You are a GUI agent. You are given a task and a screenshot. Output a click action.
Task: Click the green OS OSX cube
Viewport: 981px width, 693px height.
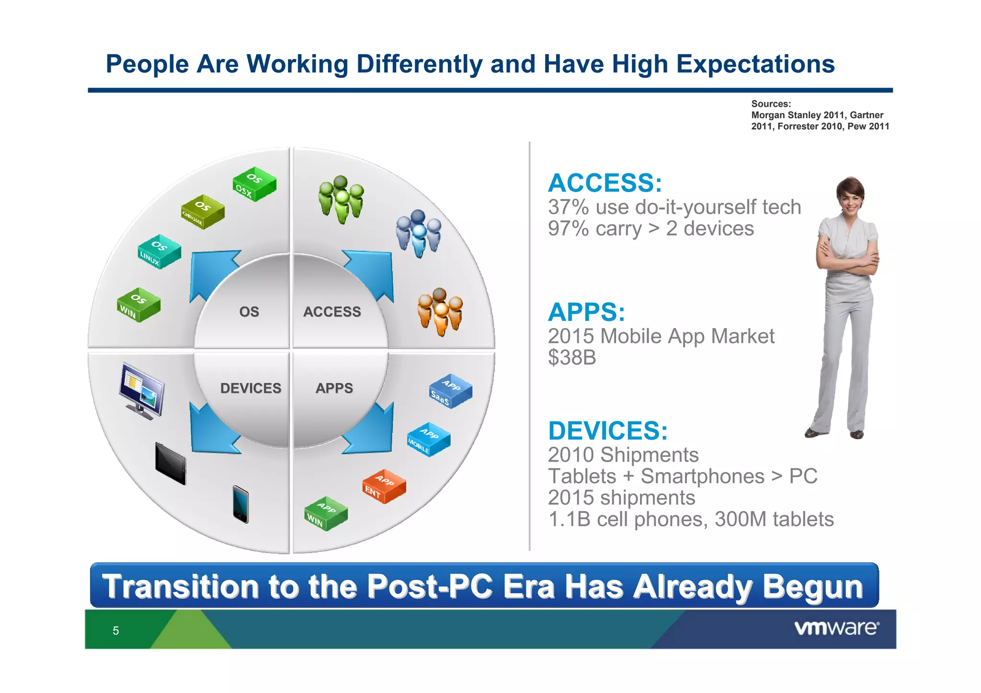tap(254, 184)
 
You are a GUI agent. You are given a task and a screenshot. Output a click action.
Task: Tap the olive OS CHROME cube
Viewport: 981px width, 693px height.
tap(202, 212)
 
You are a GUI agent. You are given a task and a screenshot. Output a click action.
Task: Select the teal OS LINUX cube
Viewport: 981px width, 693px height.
tap(159, 251)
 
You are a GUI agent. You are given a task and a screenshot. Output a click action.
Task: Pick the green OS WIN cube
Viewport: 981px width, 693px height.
tap(138, 305)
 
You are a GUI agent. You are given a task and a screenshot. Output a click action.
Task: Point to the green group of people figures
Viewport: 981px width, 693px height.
tap(341, 199)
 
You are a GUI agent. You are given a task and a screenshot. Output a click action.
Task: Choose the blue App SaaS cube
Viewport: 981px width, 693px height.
tap(450, 391)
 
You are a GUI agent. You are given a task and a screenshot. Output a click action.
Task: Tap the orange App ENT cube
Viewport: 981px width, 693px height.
tap(384, 486)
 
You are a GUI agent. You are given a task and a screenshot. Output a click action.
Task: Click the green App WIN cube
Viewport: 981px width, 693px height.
tap(326, 513)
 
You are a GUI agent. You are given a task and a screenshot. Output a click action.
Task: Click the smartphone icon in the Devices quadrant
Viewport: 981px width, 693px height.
tap(240, 504)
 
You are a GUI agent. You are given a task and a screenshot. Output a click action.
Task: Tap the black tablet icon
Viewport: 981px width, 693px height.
tap(171, 463)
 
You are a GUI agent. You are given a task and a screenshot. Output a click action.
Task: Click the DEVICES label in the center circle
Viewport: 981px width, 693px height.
tap(251, 388)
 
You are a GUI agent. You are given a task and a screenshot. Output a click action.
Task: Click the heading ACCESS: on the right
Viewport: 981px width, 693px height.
tap(605, 183)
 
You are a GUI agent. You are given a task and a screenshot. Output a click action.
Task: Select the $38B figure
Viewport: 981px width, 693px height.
tap(572, 357)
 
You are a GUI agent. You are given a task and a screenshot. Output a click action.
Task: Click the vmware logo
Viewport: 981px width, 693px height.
tap(836, 628)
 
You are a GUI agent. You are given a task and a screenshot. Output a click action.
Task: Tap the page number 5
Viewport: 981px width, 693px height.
tap(115, 631)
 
